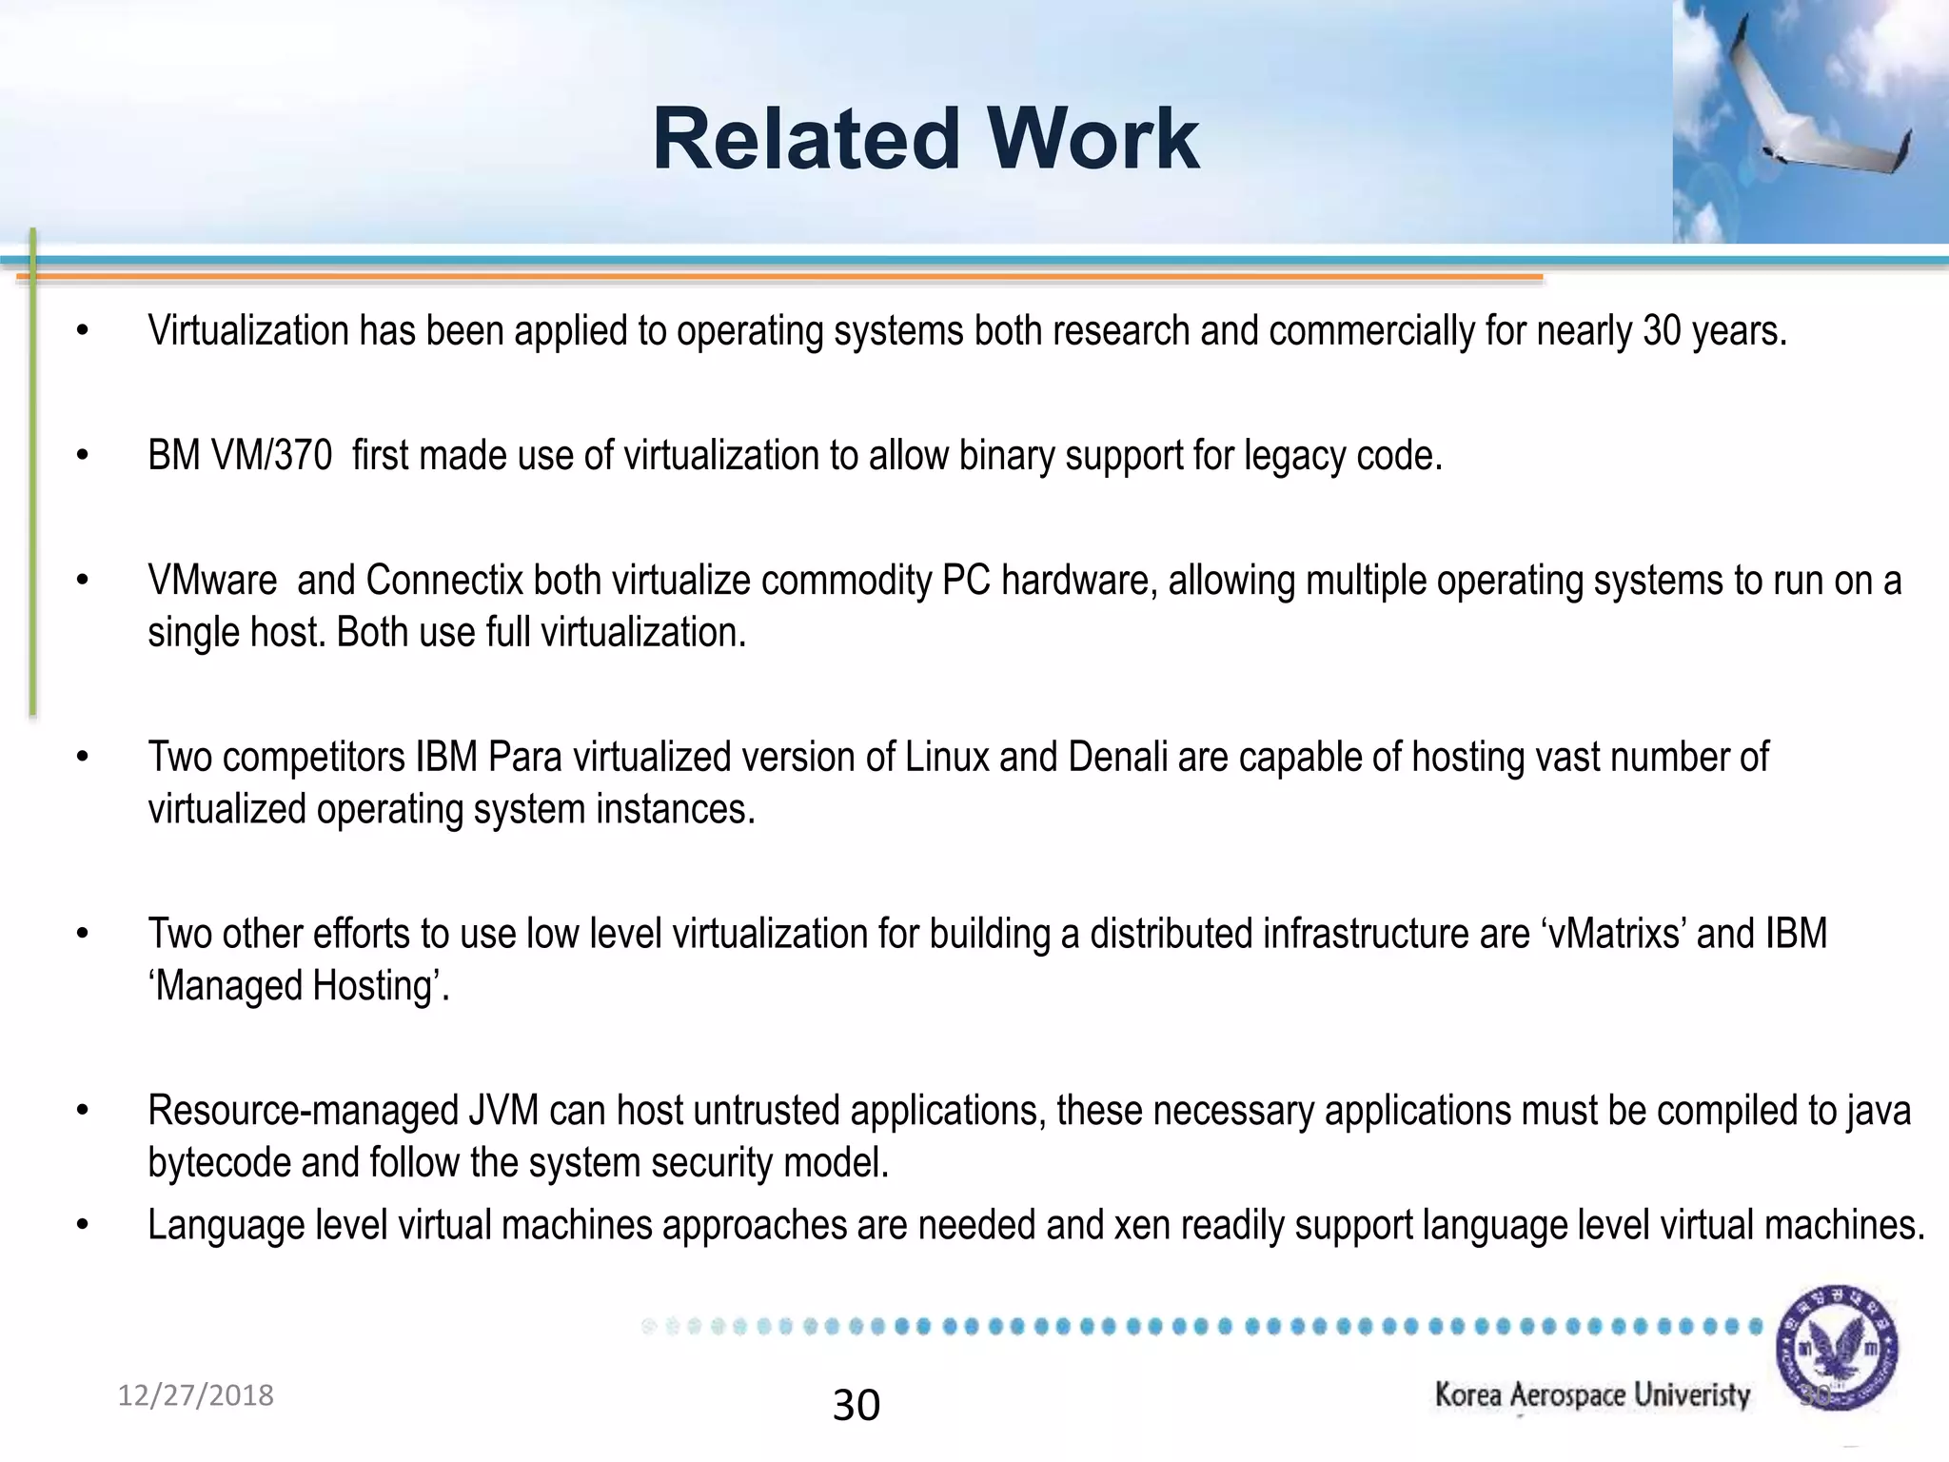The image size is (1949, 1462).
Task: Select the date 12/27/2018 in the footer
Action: point(195,1395)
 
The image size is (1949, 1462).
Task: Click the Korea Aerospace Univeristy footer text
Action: point(1592,1395)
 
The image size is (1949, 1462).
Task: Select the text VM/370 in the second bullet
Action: point(271,456)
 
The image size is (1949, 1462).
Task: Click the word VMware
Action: point(212,581)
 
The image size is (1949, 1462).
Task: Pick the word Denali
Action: point(1117,758)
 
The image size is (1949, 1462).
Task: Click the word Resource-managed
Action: point(304,1111)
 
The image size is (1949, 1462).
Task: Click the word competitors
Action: point(314,758)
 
